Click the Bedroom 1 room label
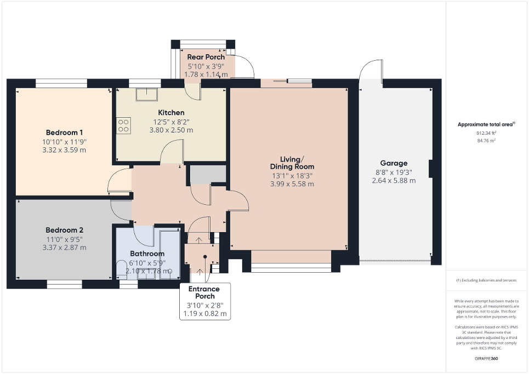(64, 133)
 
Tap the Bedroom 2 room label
(64, 230)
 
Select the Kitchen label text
(172, 113)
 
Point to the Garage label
(394, 163)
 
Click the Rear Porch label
(206, 57)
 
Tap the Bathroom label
(147, 254)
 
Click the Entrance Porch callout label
(204, 292)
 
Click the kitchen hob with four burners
(123, 126)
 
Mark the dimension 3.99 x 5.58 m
(292, 184)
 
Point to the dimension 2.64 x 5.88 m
(394, 180)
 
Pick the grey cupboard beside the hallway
(208, 174)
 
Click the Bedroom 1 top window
(61, 83)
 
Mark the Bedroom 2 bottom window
(65, 284)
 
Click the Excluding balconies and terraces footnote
(486, 280)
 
